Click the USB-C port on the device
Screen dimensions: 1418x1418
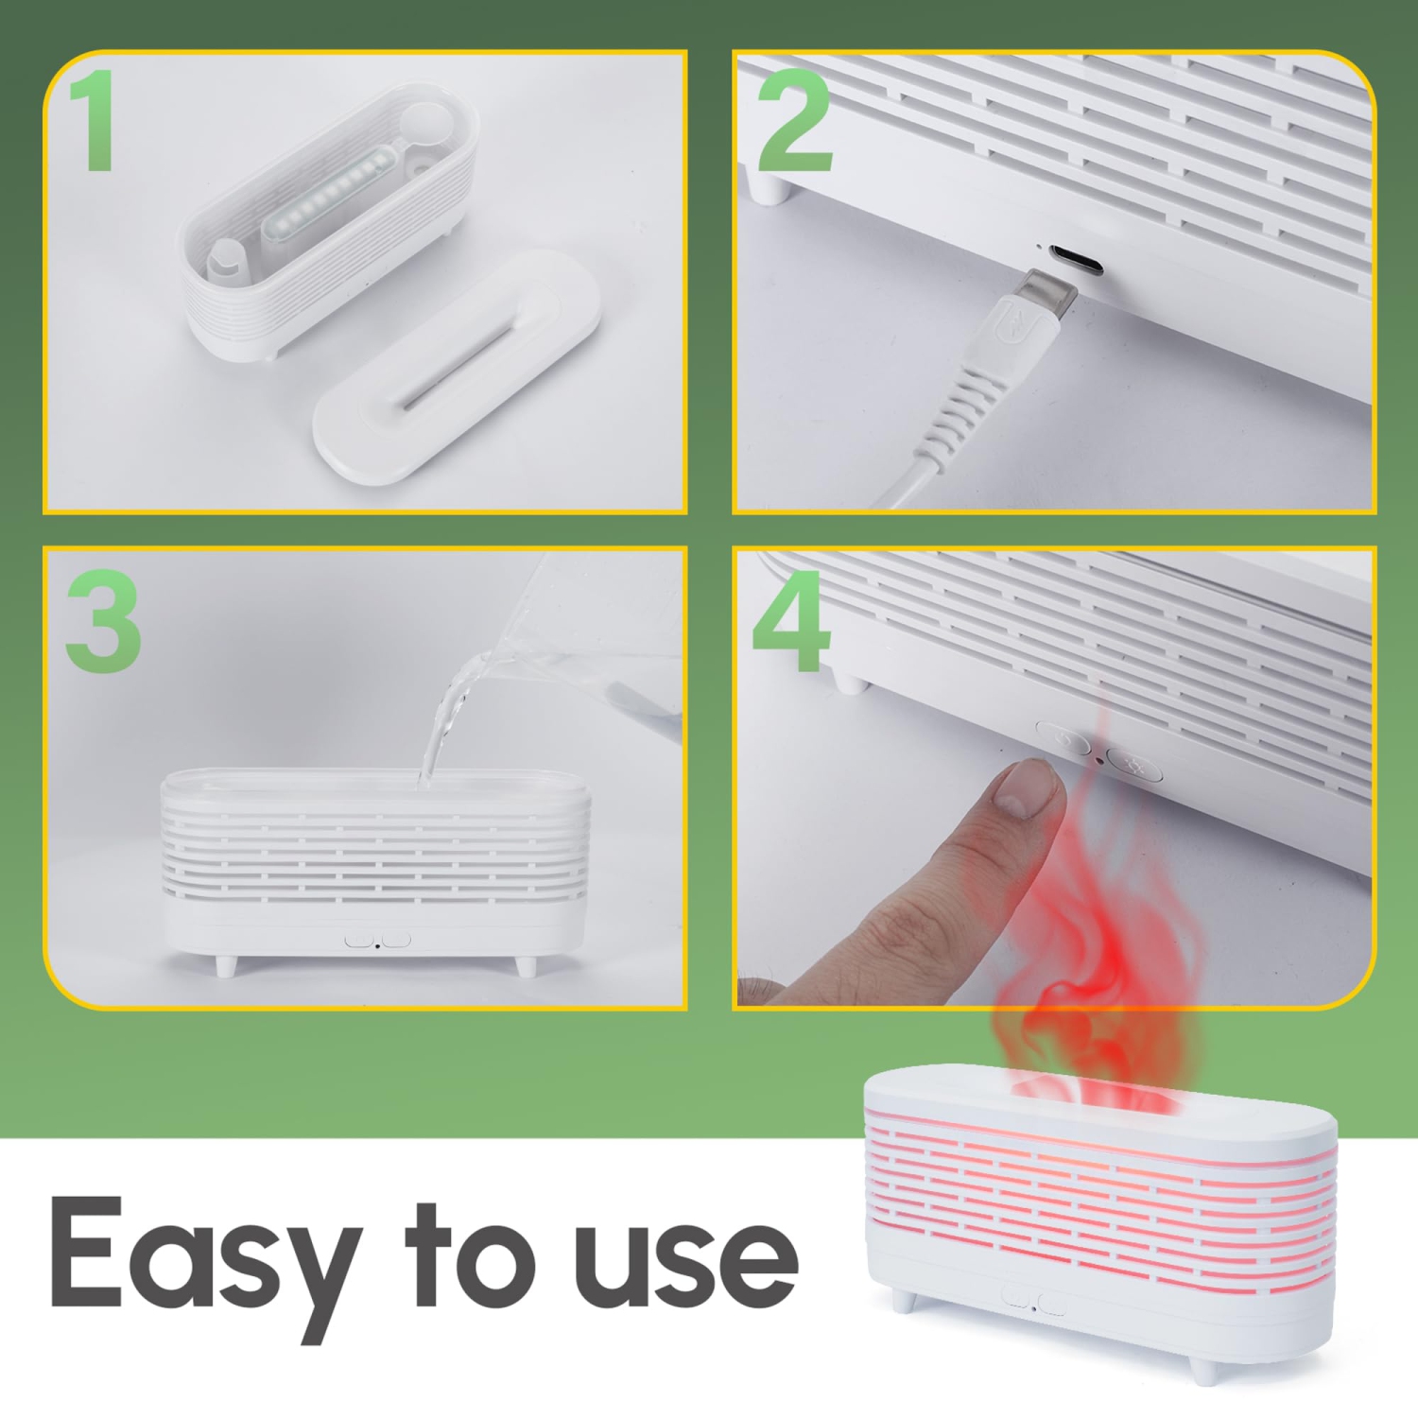(x=1076, y=258)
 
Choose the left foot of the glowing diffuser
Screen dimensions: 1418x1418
(x=905, y=1302)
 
